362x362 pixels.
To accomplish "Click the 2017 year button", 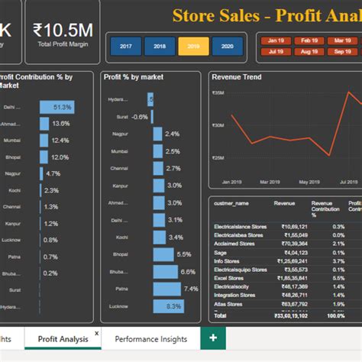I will [x=125, y=47].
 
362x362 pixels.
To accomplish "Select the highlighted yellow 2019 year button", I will [x=193, y=47].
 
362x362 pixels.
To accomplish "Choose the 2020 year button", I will [x=227, y=47].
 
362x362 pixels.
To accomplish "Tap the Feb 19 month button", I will [x=310, y=40].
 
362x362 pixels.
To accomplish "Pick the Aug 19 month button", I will [x=310, y=52].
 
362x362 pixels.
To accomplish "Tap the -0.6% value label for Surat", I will [x=139, y=117].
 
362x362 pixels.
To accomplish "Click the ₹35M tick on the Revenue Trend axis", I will [x=218, y=92].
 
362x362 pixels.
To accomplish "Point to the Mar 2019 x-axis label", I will [x=270, y=183].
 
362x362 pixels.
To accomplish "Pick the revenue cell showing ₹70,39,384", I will [x=294, y=243].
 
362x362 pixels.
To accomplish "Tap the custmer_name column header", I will [x=231, y=204].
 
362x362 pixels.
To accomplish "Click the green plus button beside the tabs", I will [x=212, y=338].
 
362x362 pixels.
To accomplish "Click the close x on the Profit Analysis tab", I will [x=96, y=334].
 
